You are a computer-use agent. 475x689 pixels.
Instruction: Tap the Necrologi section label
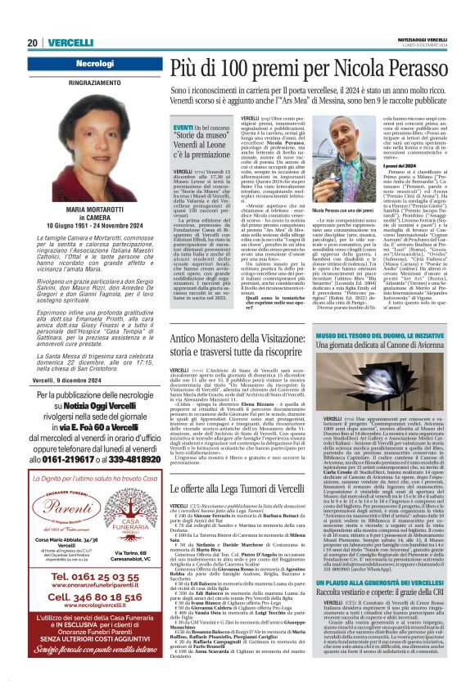pyautogui.click(x=94, y=63)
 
